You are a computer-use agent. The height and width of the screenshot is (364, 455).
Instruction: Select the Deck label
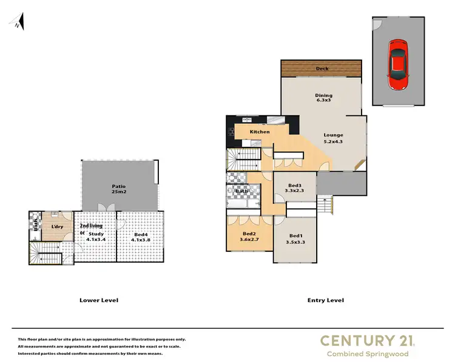(322, 69)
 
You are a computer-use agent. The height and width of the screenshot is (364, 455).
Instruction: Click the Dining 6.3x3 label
(323, 98)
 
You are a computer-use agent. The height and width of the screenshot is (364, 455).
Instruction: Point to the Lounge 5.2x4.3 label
(333, 138)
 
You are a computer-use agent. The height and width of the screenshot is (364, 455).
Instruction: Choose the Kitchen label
(260, 132)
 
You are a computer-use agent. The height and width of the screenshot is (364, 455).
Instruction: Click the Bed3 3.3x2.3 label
(294, 187)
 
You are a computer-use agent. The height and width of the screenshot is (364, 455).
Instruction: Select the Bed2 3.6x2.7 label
(249, 236)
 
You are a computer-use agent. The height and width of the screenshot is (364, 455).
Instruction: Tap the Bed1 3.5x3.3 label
(295, 238)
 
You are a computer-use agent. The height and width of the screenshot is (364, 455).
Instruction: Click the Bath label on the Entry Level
(241, 192)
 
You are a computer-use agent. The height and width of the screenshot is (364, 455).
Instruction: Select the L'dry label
(58, 227)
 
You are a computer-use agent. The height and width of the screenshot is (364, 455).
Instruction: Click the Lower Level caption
(99, 300)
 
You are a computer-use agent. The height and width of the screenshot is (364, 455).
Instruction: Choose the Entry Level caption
(325, 300)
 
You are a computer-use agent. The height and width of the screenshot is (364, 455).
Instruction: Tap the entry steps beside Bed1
(326, 204)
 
